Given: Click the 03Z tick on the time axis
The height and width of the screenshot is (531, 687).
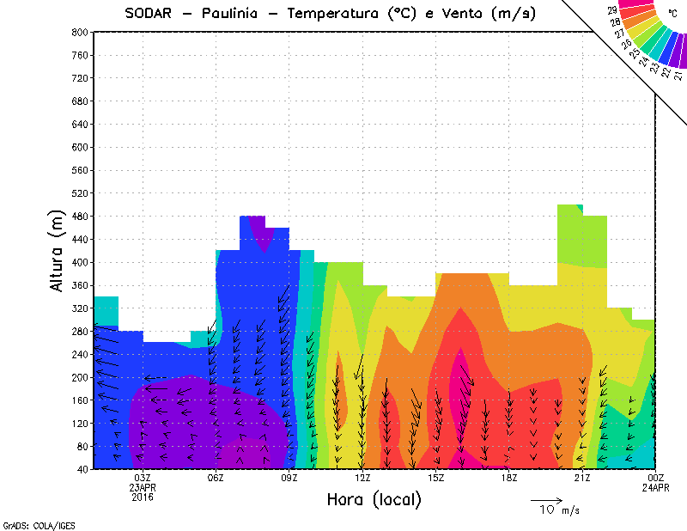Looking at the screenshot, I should (143, 478).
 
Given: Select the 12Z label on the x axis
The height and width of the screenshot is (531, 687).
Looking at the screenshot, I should (362, 478).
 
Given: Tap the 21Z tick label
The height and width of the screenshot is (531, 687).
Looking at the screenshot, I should (582, 478).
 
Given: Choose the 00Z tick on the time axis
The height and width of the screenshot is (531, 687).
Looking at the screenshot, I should (656, 478).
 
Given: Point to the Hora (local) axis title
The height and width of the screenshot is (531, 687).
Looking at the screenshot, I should (374, 499).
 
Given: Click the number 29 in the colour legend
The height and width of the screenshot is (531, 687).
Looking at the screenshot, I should (612, 10).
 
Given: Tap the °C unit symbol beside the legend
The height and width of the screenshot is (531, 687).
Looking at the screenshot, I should (672, 14).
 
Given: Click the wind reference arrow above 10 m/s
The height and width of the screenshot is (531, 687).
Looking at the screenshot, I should (546, 499).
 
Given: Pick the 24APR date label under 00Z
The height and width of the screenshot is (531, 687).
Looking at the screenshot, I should (656, 487).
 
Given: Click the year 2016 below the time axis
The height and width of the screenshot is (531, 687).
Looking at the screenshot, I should (143, 497).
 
